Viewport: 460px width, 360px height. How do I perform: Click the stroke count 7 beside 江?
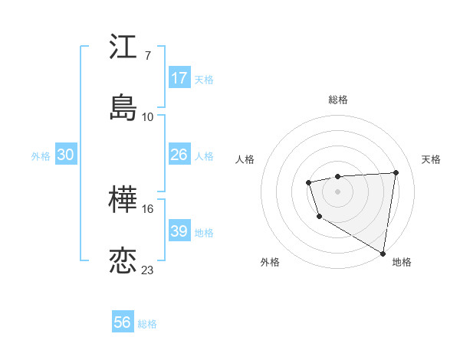pos(147,56)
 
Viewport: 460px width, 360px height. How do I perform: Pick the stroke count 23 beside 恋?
pos(147,270)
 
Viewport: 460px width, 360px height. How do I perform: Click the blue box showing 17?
pos(179,78)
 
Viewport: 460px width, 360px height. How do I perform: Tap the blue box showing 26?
pos(179,155)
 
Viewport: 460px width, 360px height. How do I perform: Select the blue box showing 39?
pos(179,231)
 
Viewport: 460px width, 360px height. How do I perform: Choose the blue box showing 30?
pos(65,155)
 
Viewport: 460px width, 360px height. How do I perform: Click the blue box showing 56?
pos(123,322)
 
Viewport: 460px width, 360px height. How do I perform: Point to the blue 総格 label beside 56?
pos(147,324)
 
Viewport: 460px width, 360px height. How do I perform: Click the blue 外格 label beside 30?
pos(41,156)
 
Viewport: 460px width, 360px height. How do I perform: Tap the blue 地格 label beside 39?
pos(204,233)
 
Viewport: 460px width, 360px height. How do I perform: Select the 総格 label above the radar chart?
pos(337,100)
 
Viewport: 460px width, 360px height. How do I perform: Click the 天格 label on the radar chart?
pos(432,159)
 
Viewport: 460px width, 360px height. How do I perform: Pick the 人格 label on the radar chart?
pos(245,159)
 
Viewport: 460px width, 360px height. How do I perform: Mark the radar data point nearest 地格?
pos(383,253)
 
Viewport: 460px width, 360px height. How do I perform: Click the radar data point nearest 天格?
pos(396,172)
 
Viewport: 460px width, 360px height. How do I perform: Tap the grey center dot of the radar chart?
pos(337,191)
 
